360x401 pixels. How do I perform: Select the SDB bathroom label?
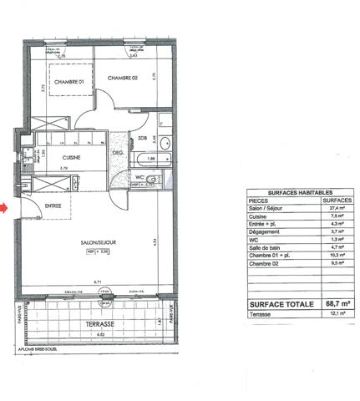pos(143,139)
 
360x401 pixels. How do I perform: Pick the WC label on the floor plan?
pos(143,176)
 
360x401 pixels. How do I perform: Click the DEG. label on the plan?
pos(118,153)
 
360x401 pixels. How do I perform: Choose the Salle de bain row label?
pos(264,256)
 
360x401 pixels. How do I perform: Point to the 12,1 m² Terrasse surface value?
pos(337,315)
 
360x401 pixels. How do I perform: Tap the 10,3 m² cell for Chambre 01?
pos(337,265)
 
